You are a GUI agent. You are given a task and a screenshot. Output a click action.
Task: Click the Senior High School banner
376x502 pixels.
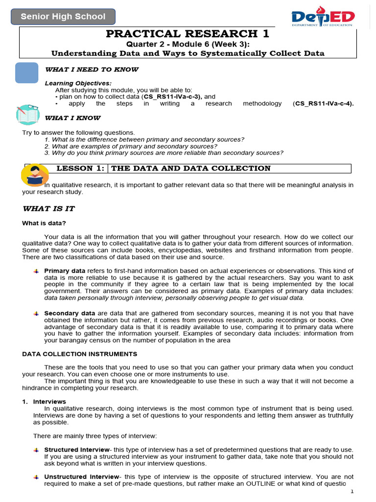tap(63, 17)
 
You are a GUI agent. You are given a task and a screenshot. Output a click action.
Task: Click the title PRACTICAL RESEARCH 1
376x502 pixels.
tap(188, 34)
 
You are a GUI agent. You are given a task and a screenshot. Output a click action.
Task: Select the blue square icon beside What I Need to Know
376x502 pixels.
tap(27, 73)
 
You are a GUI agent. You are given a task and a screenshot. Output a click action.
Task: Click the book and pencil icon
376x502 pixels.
tap(27, 114)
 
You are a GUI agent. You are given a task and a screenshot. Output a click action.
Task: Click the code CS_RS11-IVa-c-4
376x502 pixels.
tap(323, 103)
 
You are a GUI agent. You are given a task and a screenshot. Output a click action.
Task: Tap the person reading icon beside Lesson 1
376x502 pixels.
tap(35, 175)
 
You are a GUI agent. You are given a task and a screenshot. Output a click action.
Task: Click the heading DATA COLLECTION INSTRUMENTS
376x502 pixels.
tap(80, 354)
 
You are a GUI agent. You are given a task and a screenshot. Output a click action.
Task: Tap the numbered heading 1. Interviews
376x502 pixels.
tap(44, 402)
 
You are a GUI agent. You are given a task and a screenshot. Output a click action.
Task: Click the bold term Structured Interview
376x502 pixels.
tap(77, 450)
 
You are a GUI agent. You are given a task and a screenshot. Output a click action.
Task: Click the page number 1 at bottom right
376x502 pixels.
tap(351, 492)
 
